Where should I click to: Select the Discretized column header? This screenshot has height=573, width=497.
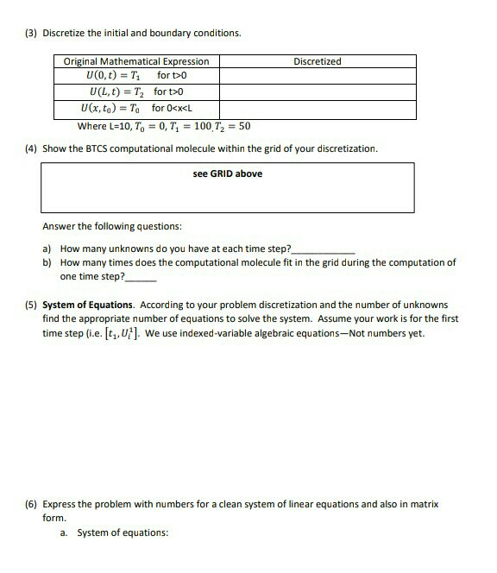coord(317,61)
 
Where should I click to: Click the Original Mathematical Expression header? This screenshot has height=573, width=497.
coord(136,61)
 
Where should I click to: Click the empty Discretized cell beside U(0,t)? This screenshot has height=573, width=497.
coord(317,75)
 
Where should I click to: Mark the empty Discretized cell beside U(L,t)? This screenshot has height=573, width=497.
coord(317,91)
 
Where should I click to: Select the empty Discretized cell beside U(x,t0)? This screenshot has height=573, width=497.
coord(317,109)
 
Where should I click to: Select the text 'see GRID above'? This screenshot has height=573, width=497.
coord(228,173)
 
